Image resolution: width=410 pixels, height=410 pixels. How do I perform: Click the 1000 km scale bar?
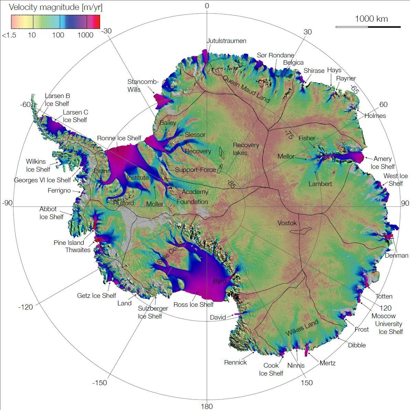click(x=368, y=26)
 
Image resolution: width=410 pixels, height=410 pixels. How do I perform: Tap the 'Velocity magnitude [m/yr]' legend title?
click(x=55, y=7)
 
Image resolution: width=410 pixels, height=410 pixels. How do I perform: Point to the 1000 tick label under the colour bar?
click(x=85, y=35)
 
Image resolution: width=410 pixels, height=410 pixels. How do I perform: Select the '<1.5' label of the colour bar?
click(x=9, y=35)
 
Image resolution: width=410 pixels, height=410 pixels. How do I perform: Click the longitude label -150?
click(x=100, y=383)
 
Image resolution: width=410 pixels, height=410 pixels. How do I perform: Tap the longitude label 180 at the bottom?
click(x=207, y=407)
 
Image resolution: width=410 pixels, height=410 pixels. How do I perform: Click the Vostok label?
click(x=287, y=223)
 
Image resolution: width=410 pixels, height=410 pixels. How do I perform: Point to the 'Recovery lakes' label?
click(x=246, y=149)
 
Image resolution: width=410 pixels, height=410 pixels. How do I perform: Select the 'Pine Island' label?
click(x=69, y=243)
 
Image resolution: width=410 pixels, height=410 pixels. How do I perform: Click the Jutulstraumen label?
click(x=226, y=41)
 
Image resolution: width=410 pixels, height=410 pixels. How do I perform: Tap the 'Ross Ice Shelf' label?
click(x=193, y=304)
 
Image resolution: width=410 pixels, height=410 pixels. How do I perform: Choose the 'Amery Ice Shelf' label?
click(x=382, y=163)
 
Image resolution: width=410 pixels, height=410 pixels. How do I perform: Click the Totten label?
click(x=384, y=296)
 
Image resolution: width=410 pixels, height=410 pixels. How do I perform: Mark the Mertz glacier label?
click(x=327, y=363)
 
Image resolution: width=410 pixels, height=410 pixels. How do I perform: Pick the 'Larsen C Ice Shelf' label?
click(x=75, y=116)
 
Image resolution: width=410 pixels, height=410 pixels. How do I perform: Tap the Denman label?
click(x=396, y=255)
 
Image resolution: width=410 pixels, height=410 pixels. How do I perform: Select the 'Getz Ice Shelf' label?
click(x=96, y=295)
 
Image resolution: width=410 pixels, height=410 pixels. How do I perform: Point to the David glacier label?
click(x=218, y=317)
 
